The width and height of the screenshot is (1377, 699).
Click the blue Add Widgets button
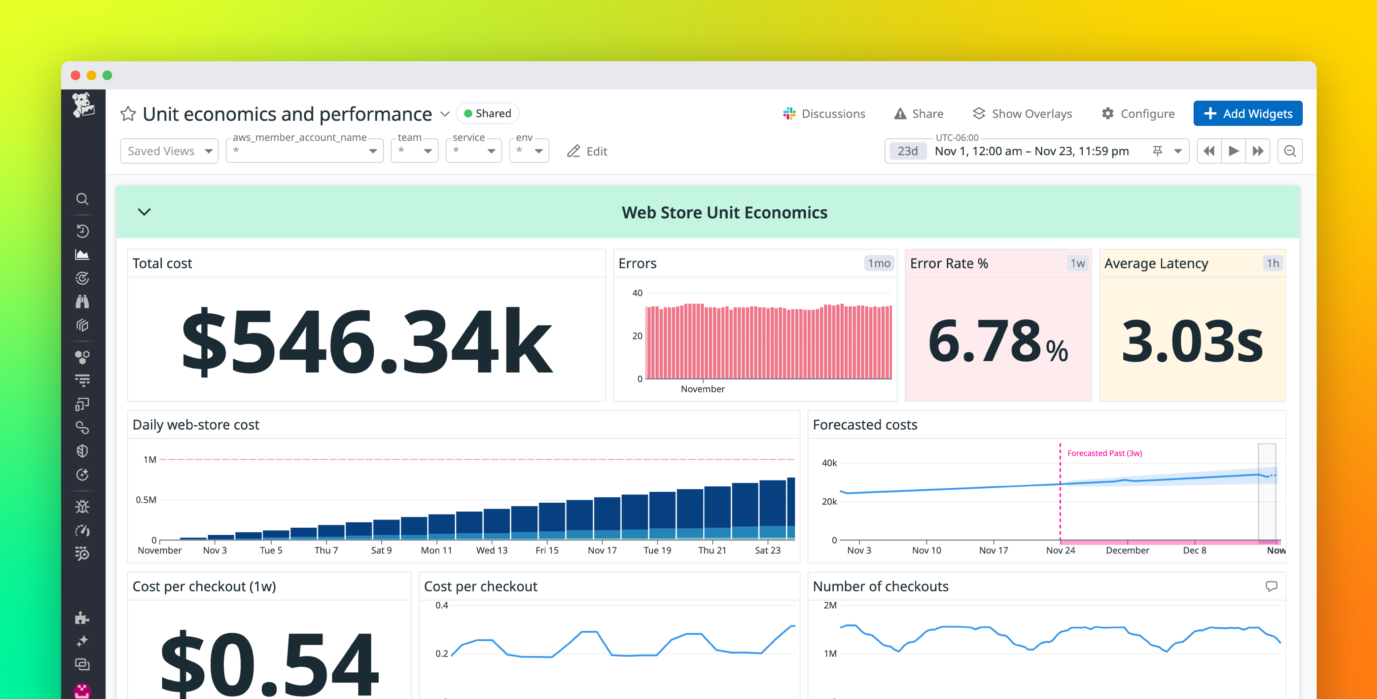1247,113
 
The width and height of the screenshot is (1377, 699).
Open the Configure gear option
1138,113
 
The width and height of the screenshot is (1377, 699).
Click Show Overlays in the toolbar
1022,113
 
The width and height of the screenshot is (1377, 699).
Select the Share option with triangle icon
919,113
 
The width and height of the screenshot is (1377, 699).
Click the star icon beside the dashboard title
128,113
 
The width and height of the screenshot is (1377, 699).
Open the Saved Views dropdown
169,151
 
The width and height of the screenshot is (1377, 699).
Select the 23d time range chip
907,151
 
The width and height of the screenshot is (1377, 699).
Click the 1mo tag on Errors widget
879,263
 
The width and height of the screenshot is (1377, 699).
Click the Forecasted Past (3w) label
1104,453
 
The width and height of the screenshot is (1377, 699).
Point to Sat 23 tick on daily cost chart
767,550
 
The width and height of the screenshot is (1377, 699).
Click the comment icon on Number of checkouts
1271,586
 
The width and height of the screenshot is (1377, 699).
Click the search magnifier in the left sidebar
82,199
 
